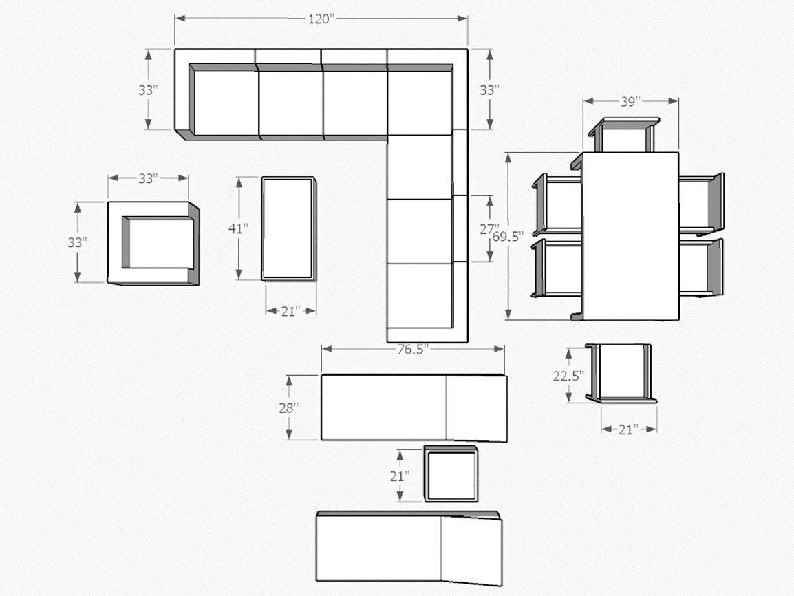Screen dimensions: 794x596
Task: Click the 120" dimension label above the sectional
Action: (321, 19)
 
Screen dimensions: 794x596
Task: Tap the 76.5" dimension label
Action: (413, 350)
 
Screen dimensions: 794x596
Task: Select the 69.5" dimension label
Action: (508, 237)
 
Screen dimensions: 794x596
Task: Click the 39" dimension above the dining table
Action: (631, 102)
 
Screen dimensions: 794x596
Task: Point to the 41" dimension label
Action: (238, 228)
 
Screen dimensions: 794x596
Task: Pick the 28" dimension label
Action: (289, 407)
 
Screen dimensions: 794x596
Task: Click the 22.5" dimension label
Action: (568, 376)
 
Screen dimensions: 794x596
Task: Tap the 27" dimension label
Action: (488, 229)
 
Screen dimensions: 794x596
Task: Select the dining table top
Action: (630, 236)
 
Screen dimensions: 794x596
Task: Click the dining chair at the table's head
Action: (624, 135)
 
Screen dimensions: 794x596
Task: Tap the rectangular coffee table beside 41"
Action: (289, 228)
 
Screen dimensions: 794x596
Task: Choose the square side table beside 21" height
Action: (451, 473)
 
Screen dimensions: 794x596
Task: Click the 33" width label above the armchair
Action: (149, 179)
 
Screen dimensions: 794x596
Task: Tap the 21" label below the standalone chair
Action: (628, 430)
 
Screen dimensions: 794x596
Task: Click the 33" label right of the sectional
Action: (490, 90)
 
